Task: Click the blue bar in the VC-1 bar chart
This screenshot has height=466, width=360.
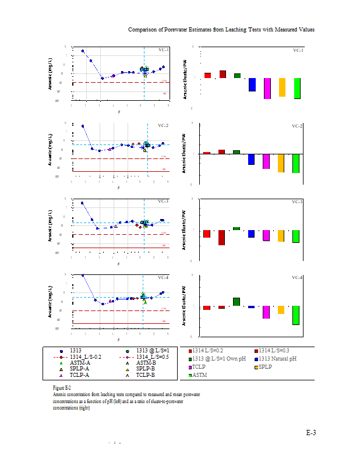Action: [x=252, y=84]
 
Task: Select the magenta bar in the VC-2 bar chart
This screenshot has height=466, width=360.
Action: [x=266, y=161]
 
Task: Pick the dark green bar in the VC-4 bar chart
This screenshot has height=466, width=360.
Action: [x=237, y=302]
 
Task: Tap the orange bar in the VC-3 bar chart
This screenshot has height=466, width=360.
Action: [x=281, y=236]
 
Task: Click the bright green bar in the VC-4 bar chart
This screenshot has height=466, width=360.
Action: [x=297, y=315]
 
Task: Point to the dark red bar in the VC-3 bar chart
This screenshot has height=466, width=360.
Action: [x=222, y=238]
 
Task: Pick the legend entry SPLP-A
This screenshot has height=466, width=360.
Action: [x=79, y=369]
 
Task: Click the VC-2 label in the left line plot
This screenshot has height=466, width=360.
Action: [x=163, y=126]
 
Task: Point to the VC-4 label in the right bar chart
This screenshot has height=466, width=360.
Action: [x=297, y=278]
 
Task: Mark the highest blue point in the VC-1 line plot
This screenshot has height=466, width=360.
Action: [x=83, y=51]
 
